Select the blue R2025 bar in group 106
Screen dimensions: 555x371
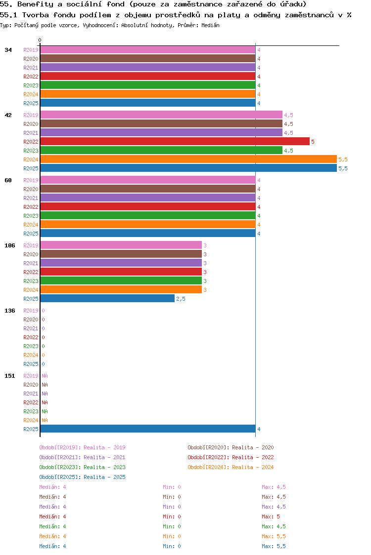[107, 299]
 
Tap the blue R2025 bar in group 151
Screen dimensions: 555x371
[147, 429]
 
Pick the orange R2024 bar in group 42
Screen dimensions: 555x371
[188, 159]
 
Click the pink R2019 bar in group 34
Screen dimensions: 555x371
[147, 50]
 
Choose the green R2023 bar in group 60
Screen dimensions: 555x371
[147, 216]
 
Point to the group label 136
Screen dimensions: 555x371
[10, 311]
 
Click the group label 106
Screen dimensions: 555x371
[10, 245]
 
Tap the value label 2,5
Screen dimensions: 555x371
[181, 299]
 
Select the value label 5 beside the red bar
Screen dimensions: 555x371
[313, 142]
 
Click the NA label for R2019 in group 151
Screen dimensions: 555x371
[45, 376]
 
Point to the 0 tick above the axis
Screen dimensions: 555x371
[40, 40]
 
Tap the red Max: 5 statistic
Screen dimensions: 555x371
[271, 516]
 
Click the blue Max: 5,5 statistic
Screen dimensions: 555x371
[274, 546]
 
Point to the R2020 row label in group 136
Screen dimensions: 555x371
[31, 319]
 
